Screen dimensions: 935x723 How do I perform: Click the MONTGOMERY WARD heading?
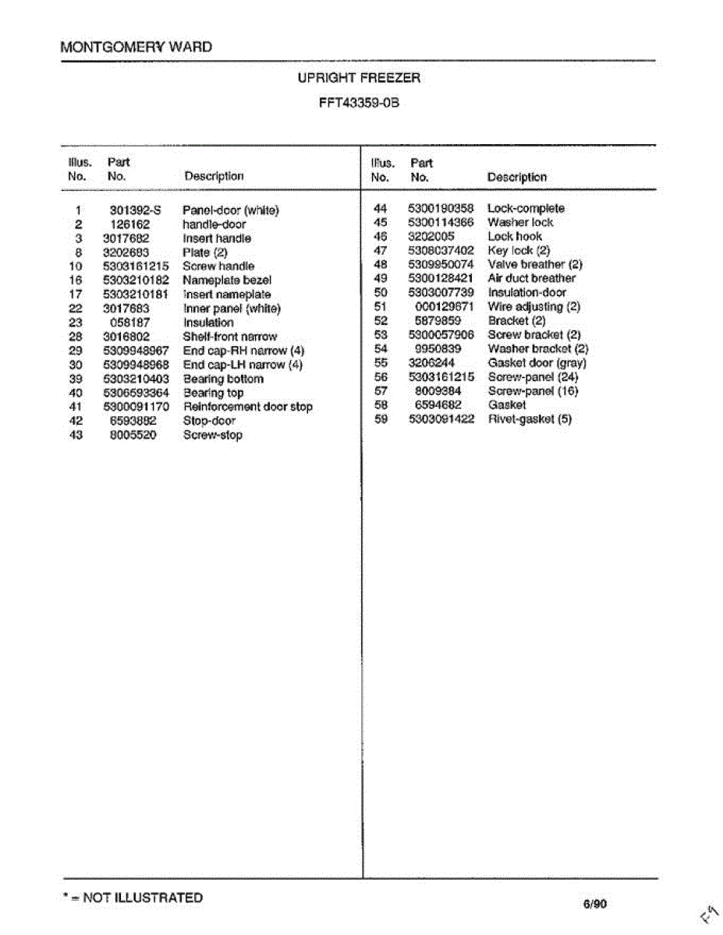click(136, 47)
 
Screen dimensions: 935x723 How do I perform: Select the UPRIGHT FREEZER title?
click(359, 78)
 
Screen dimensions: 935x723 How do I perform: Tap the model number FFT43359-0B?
click(359, 103)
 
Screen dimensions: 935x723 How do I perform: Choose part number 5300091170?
click(136, 407)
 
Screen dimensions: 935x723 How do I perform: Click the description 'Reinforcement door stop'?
click(248, 407)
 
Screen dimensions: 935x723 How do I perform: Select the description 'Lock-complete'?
click(526, 209)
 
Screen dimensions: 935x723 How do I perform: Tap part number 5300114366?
click(441, 223)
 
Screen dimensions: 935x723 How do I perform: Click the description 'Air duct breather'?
click(531, 279)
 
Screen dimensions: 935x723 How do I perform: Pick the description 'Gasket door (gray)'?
click(537, 363)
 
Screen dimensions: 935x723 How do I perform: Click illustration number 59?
click(381, 419)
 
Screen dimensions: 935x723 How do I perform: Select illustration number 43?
click(76, 435)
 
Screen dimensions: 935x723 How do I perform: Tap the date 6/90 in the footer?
click(594, 904)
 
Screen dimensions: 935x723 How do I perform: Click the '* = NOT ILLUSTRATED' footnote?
click(132, 898)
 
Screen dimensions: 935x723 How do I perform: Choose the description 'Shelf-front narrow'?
click(229, 337)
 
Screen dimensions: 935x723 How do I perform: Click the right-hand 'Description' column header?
click(516, 178)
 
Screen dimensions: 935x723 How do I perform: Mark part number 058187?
click(129, 323)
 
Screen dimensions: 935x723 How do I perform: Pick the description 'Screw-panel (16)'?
click(533, 391)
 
